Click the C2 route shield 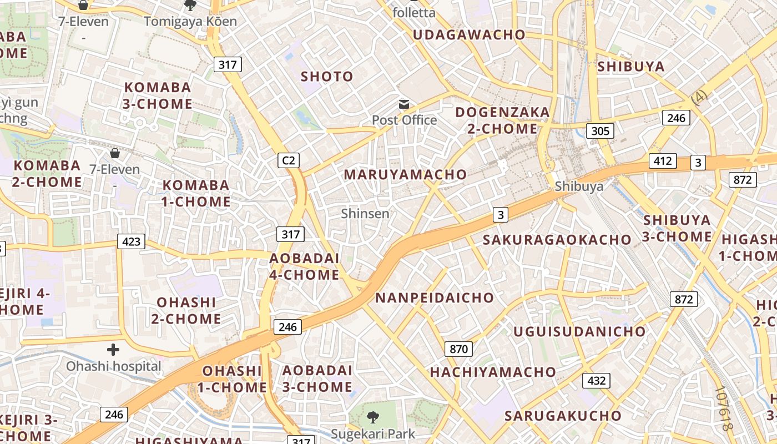(x=289, y=161)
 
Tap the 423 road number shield (x=131, y=241)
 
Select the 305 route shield (x=600, y=132)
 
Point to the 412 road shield (x=663, y=162)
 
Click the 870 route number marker (x=458, y=349)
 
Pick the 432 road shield (x=596, y=381)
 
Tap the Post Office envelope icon (x=404, y=104)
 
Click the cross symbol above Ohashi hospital (x=113, y=350)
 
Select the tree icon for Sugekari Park (x=372, y=416)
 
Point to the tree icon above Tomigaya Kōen (x=190, y=6)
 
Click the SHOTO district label (x=327, y=77)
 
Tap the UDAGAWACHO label (x=469, y=34)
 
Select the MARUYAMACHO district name (x=405, y=174)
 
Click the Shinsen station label (x=365, y=213)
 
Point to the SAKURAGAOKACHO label (x=557, y=240)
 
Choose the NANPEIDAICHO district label (x=435, y=297)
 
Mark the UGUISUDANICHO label (x=579, y=332)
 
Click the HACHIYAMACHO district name (x=493, y=372)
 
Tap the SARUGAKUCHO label (x=563, y=416)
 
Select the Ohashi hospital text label (x=114, y=366)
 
